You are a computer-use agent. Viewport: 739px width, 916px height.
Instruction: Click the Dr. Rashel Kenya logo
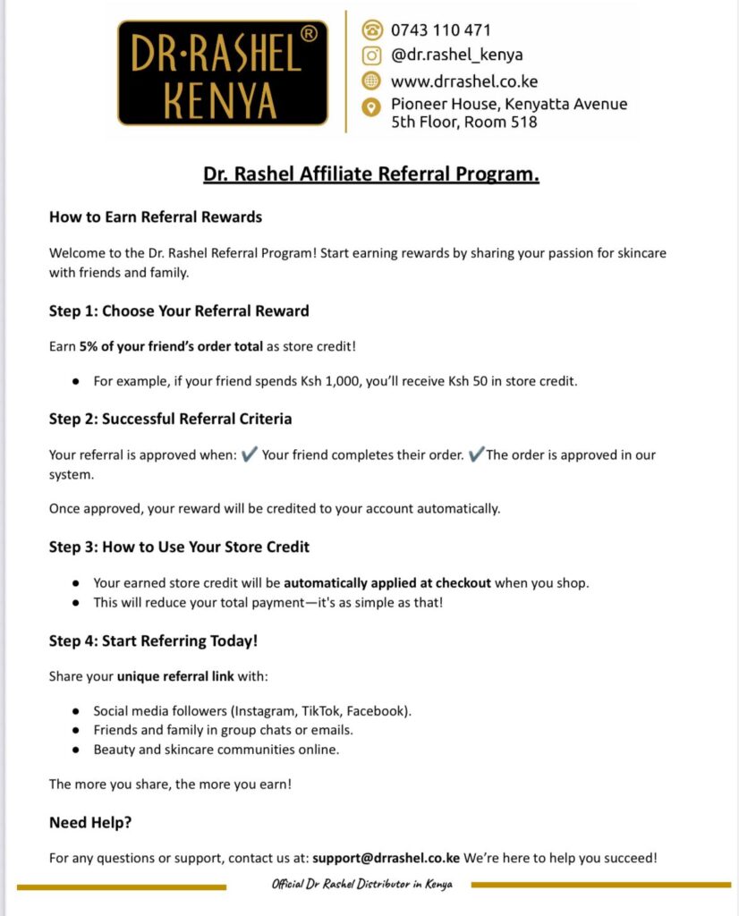point(223,72)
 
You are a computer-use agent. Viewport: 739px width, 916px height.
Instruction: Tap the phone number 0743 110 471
point(440,30)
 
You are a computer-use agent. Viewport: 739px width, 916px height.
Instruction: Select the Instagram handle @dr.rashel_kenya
point(456,55)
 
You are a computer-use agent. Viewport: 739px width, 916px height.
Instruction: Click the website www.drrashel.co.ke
point(463,81)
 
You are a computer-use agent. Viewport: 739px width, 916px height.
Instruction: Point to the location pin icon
point(371,108)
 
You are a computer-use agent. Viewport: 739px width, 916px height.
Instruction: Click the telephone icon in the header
point(371,30)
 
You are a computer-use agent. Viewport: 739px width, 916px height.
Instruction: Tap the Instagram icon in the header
point(371,55)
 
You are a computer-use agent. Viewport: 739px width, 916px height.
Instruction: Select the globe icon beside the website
point(371,81)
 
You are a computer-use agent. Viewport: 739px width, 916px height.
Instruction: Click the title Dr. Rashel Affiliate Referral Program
point(370,174)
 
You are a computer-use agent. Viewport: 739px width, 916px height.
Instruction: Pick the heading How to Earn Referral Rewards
point(155,217)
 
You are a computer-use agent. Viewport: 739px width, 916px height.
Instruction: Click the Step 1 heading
point(179,311)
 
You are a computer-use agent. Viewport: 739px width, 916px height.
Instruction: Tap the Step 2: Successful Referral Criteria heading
point(170,419)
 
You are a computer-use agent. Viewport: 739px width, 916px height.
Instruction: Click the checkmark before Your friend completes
point(250,454)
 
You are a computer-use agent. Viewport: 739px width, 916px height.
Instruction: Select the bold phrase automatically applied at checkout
point(387,582)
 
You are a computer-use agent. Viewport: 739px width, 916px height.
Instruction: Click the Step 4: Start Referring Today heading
point(153,640)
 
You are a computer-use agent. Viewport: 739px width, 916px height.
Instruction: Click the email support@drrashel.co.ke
point(386,858)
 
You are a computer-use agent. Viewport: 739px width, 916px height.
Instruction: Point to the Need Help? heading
point(90,822)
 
